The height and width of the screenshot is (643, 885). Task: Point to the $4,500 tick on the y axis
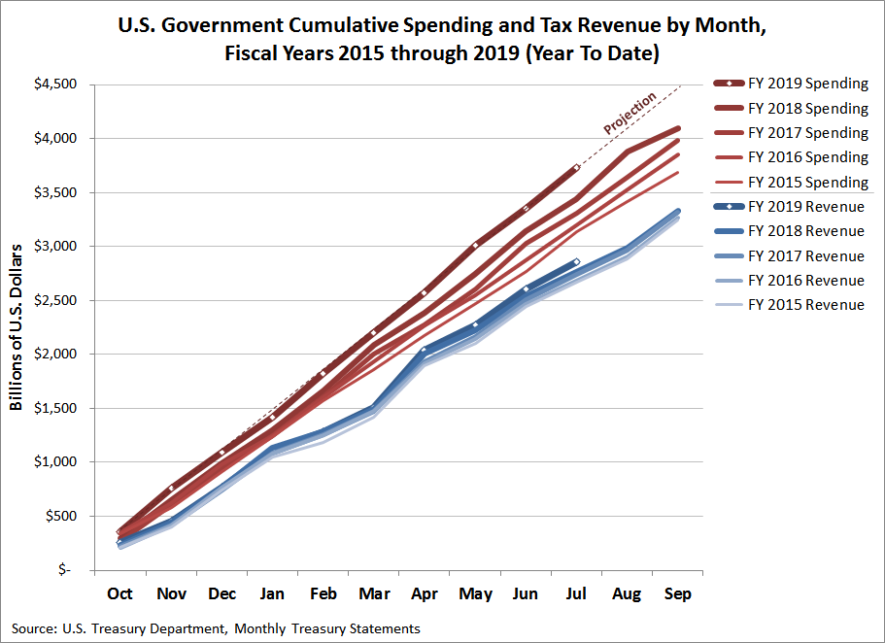coord(55,85)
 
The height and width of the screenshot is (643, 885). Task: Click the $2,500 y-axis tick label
coord(55,300)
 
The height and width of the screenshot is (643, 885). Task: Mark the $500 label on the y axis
coord(61,516)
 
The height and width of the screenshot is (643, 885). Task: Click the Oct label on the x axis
coord(119,593)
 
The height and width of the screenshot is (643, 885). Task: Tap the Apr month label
coord(424,593)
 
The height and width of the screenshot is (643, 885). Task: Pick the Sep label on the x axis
coord(677,593)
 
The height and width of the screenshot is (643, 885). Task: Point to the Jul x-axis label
coord(576,593)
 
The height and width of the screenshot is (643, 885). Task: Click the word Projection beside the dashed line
coord(630,113)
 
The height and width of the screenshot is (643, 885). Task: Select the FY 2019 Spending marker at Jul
coord(576,167)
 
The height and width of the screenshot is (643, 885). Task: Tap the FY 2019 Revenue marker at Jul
coord(576,261)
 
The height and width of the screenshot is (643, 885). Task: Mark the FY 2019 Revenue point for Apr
coord(424,350)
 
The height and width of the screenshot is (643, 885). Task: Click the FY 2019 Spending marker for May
coord(474,245)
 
